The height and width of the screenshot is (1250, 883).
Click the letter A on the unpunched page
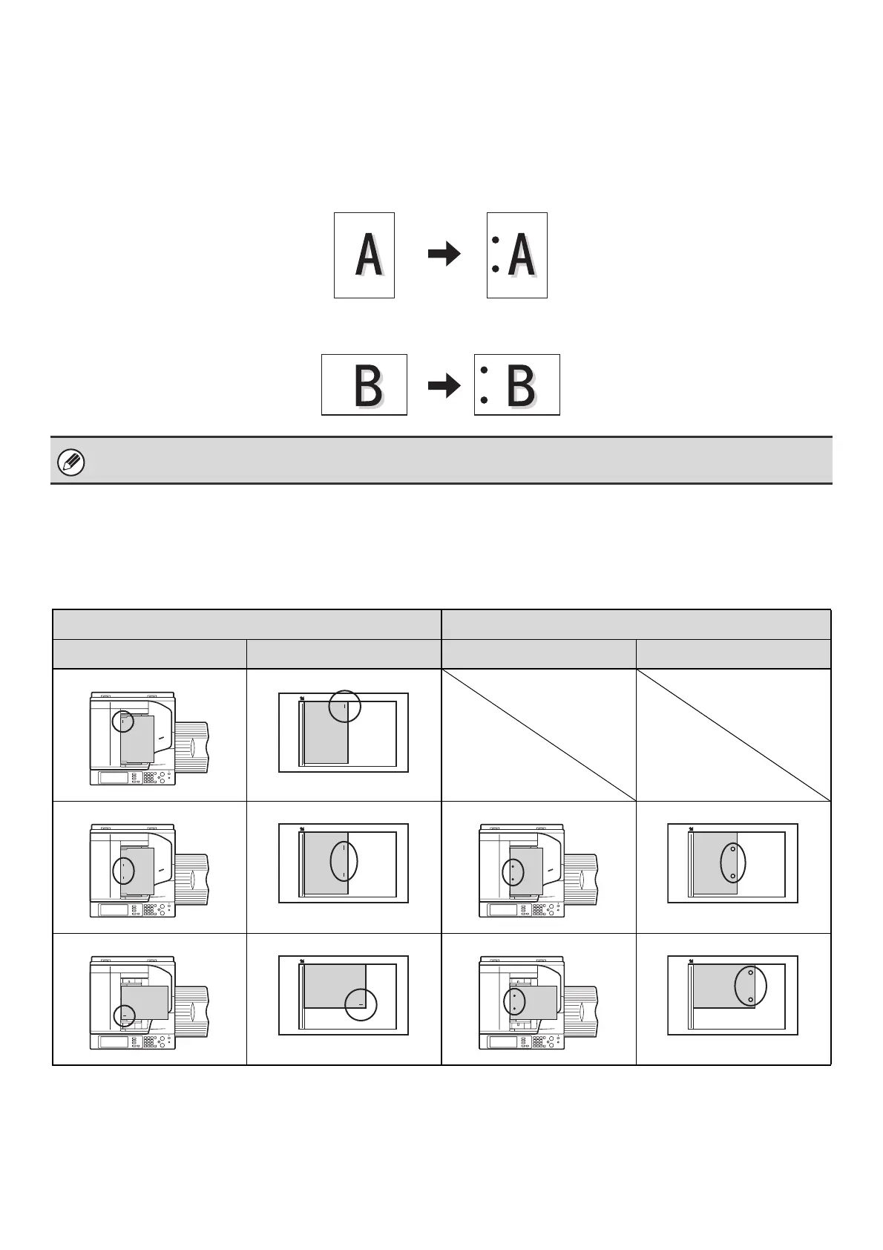(369, 255)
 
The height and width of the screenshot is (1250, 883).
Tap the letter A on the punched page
(522, 255)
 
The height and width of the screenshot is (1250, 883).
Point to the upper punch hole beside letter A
(495, 240)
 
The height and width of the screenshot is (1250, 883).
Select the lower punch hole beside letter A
(495, 269)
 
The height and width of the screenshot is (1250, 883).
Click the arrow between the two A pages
(444, 255)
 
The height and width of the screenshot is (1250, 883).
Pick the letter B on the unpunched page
(368, 385)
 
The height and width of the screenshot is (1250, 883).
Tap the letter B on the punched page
(521, 385)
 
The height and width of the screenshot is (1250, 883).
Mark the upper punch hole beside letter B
(484, 370)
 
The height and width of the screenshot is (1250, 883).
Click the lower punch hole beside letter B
(484, 399)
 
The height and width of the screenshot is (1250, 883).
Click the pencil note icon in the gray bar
(71, 462)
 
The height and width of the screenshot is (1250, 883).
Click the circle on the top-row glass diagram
(344, 706)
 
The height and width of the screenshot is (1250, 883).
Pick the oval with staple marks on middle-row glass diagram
(344, 861)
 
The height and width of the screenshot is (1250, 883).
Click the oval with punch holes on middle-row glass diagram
(733, 863)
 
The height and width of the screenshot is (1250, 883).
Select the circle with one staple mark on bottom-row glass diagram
(361, 1004)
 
